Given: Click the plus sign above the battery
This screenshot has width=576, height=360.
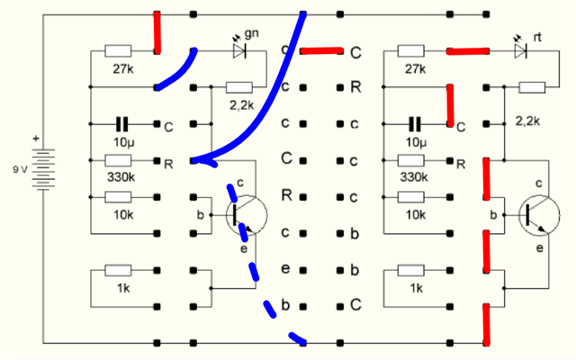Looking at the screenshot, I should pos(36,139).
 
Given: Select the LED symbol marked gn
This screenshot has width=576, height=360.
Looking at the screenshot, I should pos(239,51).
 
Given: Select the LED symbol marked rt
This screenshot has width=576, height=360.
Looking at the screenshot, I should pos(520,51).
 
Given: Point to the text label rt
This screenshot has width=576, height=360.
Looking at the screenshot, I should pos(539,37).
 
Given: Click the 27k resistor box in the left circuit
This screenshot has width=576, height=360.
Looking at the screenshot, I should pos(119,51).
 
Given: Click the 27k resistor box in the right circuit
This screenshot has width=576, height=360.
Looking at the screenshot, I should pos(411,51).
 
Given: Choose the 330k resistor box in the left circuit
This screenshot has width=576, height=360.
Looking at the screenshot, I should pos(119,160).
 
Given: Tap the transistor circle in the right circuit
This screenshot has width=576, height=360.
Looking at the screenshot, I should pos(538,214).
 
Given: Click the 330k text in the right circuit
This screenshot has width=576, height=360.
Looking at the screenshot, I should pos(413,178).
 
